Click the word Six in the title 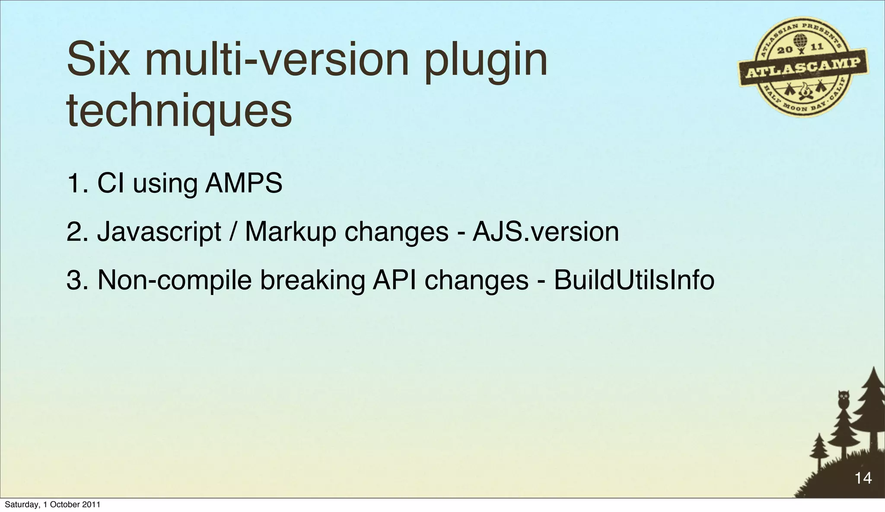(98, 60)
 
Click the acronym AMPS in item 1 (244, 183)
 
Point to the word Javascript (159, 232)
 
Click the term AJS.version (546, 232)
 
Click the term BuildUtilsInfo (634, 280)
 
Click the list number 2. (73, 232)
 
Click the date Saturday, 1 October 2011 (52, 505)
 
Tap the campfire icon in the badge (804, 91)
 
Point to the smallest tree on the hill (818, 452)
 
